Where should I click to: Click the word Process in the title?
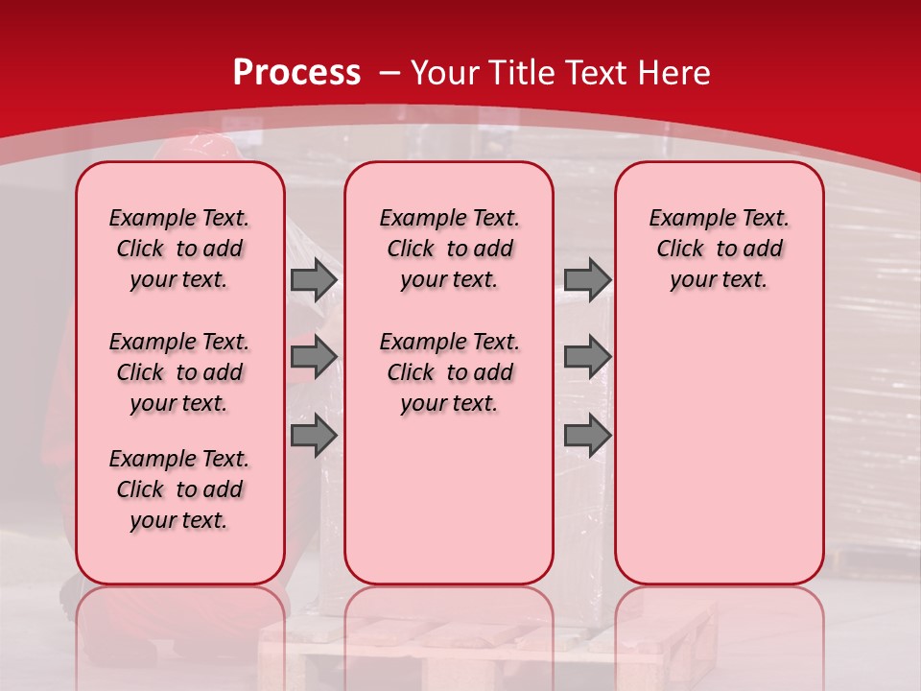[x=296, y=73]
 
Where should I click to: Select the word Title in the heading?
[x=523, y=73]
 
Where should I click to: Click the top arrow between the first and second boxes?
[x=314, y=279]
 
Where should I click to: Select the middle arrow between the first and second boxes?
[x=314, y=357]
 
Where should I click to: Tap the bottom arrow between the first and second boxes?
[x=314, y=435]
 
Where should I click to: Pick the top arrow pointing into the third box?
[x=587, y=279]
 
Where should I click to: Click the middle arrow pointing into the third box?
[x=587, y=357]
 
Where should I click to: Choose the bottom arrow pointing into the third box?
[x=587, y=435]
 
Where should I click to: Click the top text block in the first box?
[x=179, y=249]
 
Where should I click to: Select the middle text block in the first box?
[x=179, y=372]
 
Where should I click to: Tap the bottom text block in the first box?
[x=179, y=489]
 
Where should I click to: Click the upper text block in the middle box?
[x=449, y=249]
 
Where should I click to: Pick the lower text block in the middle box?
[x=449, y=372]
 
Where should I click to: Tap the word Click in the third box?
[x=680, y=250]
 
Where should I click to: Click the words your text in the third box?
[x=719, y=280]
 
